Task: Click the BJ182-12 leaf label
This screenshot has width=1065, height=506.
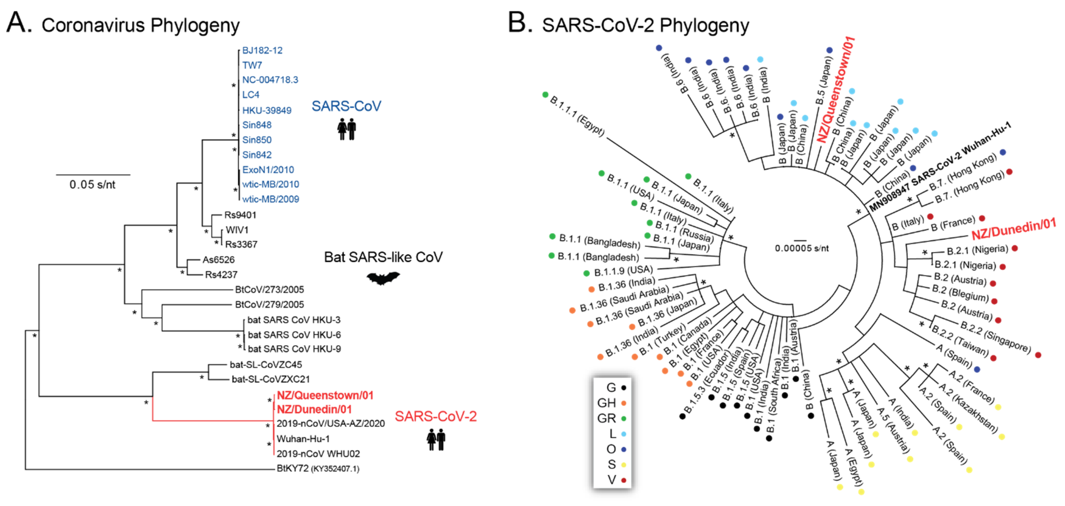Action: click(262, 50)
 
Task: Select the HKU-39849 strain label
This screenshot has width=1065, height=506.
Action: click(267, 110)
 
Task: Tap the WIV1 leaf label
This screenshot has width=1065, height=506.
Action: click(237, 230)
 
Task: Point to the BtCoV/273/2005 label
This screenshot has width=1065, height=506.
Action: click(269, 289)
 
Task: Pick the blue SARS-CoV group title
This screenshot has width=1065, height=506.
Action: click(346, 106)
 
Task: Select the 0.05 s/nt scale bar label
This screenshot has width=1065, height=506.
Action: click(92, 184)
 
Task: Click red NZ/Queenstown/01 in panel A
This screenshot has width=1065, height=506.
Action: click(325, 395)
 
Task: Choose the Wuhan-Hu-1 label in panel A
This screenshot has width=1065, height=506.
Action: click(303, 439)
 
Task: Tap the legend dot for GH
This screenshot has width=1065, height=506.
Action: click(624, 403)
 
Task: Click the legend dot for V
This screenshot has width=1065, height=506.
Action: click(624, 480)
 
